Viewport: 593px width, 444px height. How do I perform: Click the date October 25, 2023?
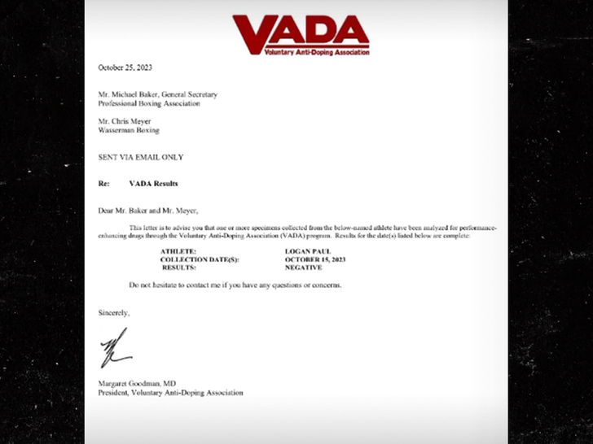click(125, 67)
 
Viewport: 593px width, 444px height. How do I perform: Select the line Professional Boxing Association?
click(149, 103)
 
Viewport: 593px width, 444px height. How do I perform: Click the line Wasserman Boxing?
click(129, 130)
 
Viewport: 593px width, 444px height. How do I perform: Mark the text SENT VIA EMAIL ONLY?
click(141, 157)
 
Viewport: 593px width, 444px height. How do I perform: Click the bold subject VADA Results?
click(153, 184)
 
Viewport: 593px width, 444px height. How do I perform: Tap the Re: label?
click(103, 184)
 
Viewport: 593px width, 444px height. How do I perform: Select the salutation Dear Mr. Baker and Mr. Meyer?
click(148, 211)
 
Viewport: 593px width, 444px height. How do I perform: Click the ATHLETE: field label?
click(178, 252)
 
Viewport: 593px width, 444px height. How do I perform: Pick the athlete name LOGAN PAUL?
click(305, 252)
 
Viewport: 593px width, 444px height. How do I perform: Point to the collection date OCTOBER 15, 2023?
click(315, 259)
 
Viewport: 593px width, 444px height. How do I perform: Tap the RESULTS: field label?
click(179, 267)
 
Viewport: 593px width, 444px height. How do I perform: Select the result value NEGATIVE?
click(303, 267)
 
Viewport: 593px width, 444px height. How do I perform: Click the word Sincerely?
click(114, 312)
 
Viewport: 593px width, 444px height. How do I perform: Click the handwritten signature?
click(115, 348)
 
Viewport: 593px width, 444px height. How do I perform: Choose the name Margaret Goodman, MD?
click(134, 384)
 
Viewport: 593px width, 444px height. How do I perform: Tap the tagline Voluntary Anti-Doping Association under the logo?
click(316, 52)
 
